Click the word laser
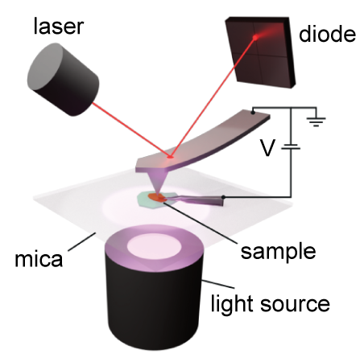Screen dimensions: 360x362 click(59, 26)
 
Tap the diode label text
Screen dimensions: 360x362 click(327, 34)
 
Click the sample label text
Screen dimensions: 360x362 click(278, 251)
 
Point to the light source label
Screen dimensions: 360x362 click(270, 303)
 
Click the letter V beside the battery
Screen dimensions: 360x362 click(267, 148)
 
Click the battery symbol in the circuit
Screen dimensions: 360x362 click(291, 146)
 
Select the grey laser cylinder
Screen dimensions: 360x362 click(63, 80)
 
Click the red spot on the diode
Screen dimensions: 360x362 click(255, 38)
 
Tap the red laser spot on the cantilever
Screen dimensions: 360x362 click(170, 157)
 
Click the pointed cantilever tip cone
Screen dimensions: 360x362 click(156, 183)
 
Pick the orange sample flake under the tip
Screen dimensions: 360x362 click(158, 197)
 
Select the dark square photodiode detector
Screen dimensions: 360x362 click(260, 52)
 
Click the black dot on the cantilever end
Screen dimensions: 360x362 click(253, 113)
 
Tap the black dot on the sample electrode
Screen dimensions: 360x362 click(223, 197)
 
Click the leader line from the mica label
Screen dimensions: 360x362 click(82, 241)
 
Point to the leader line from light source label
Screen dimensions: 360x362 click(218, 285)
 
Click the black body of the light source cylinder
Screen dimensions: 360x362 click(153, 303)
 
